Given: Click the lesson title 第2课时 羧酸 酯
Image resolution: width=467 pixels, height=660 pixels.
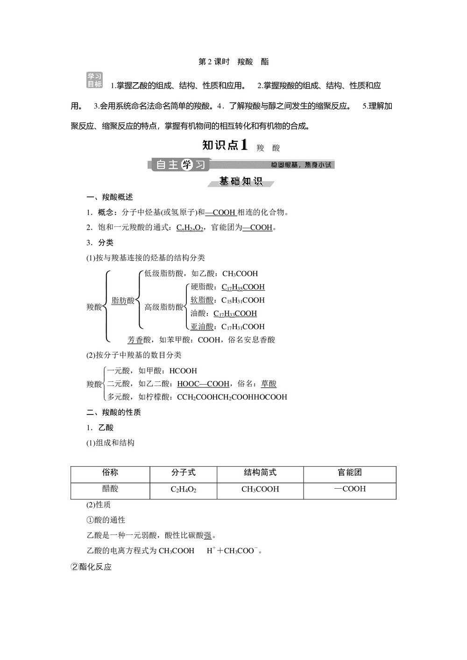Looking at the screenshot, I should point(233,62).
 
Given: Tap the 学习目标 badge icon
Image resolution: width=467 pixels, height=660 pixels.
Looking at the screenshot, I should point(95,80).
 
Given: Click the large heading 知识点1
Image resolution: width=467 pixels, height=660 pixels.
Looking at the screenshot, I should point(225,145).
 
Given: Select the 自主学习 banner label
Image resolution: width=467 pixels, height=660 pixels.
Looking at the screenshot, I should point(180,165).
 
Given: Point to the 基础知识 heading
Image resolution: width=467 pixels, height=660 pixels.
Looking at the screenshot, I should point(241,182).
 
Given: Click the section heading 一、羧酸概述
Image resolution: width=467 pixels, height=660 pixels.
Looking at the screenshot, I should point(110,197).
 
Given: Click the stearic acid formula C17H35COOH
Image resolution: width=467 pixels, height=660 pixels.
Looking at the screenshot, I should point(243,287).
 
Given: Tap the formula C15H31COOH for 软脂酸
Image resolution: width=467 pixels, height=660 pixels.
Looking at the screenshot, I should point(243,300).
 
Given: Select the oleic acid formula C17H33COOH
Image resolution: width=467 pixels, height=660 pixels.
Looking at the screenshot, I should point(235,313).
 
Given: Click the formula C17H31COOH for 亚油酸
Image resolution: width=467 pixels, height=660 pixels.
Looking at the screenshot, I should point(243,327).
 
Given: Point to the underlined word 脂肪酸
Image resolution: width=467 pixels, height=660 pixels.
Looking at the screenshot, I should point(123,301).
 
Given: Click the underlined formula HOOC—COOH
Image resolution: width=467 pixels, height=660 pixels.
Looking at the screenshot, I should point(203,384).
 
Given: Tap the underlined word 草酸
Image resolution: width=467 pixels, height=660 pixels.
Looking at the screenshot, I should point(269,384).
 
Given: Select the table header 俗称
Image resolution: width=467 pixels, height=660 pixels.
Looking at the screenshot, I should point(110,472).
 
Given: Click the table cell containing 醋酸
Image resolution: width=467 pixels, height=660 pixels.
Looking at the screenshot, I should point(110,489).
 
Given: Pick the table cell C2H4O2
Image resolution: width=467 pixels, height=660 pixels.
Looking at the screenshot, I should point(183,489).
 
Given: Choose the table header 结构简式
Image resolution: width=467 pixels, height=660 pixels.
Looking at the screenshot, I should point(260,472).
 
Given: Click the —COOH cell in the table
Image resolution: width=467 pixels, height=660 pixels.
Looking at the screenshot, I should point(350,489).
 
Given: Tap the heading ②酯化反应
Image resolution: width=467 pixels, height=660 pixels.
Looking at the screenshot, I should point(91,567).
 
